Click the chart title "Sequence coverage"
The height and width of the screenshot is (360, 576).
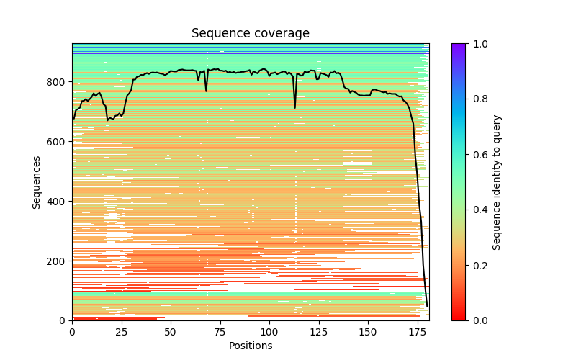(x=250, y=33)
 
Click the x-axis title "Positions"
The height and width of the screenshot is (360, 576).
(x=250, y=346)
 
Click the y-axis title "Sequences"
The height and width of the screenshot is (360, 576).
(x=37, y=182)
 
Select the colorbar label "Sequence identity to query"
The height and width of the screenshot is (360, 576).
(x=497, y=182)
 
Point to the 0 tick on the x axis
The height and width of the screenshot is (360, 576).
(x=72, y=332)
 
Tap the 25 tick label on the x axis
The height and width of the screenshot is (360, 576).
(x=121, y=332)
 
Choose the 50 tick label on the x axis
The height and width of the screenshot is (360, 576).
(x=171, y=332)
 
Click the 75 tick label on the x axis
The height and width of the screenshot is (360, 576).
(x=220, y=332)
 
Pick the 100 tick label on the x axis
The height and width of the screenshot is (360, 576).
(x=269, y=332)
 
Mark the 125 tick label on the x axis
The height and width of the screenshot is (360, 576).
(x=318, y=332)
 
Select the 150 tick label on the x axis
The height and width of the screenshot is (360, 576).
(x=368, y=332)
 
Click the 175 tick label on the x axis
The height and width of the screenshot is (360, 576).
(x=417, y=332)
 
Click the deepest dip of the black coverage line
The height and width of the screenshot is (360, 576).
(x=427, y=306)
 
